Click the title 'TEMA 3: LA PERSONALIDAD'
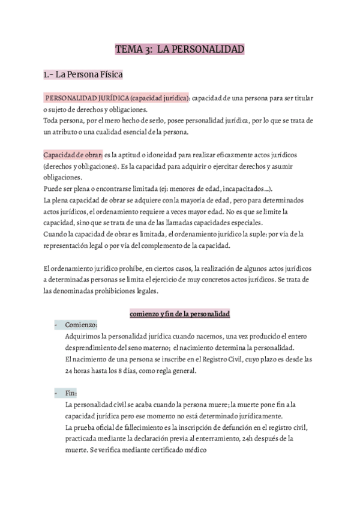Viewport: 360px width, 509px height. [179, 49]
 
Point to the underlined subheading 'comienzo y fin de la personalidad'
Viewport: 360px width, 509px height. [180, 314]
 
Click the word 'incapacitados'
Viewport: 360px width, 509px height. [247, 188]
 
